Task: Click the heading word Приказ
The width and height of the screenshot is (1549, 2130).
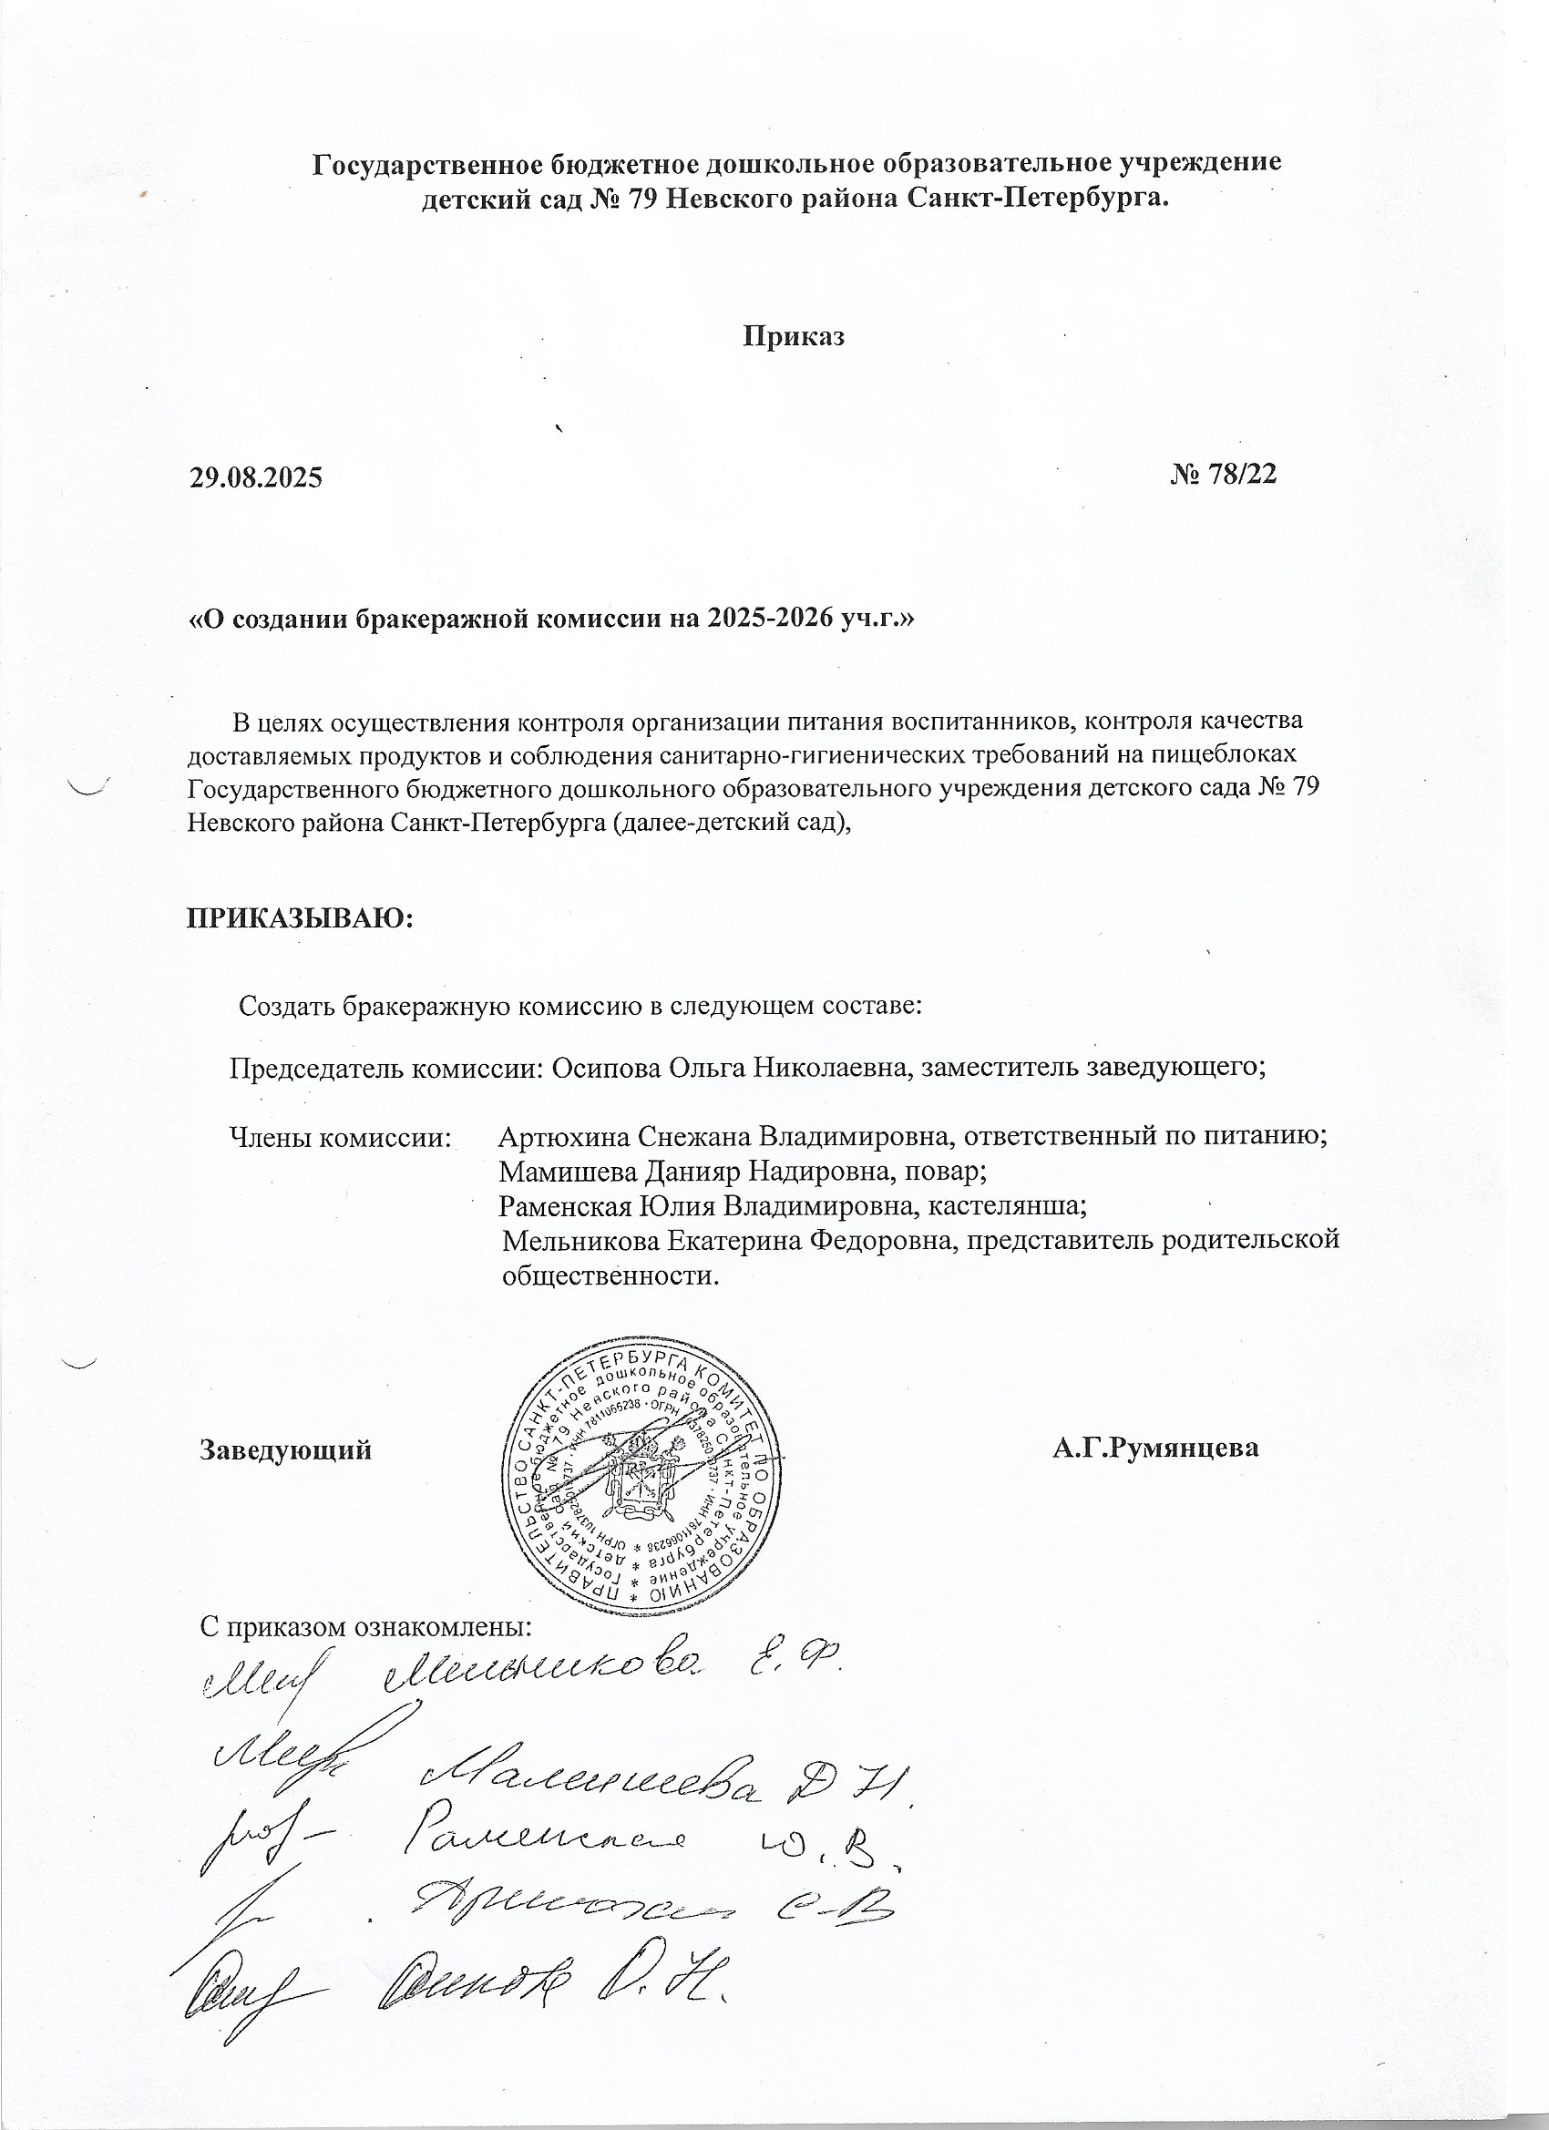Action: [x=794, y=337]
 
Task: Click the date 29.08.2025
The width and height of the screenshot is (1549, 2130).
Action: [x=255, y=478]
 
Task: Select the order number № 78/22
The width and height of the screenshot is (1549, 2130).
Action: [x=1223, y=475]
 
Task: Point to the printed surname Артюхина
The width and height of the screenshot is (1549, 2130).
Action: [x=564, y=1136]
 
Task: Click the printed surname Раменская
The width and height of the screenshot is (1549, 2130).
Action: [x=565, y=1205]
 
